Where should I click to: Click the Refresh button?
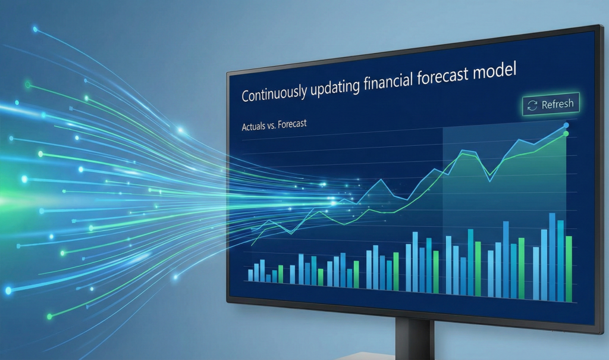tap(551, 104)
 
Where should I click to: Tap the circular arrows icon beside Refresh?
tap(532, 105)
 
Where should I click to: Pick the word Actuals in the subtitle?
tap(253, 127)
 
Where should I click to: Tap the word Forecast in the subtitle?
tap(292, 124)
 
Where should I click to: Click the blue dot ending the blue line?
tap(566, 125)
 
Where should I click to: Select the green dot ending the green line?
tap(566, 134)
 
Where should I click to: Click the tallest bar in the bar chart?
tap(552, 257)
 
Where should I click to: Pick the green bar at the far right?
tap(569, 269)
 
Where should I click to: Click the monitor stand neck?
tap(415, 338)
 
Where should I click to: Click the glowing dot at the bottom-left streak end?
tap(8, 290)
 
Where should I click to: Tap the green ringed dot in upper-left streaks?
tap(27, 84)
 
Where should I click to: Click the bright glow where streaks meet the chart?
tap(332, 202)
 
